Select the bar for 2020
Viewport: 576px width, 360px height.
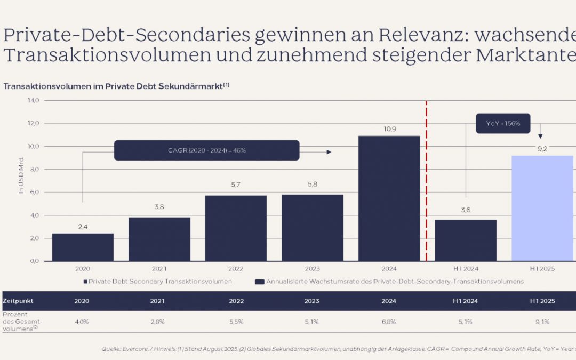(83, 247)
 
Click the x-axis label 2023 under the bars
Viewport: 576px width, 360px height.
(312, 269)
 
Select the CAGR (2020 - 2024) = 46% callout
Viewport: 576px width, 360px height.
(206, 150)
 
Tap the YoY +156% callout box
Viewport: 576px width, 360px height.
(503, 123)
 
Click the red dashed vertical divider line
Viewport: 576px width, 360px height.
(427, 181)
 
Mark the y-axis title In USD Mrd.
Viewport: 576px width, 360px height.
(22, 175)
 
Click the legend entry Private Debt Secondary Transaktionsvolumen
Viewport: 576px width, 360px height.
(157, 281)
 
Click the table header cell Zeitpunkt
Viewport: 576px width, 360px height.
(18, 301)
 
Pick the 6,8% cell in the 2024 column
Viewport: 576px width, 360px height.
(389, 322)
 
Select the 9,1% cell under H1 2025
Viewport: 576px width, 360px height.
(542, 322)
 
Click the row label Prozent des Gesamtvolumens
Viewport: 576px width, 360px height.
(22, 322)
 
